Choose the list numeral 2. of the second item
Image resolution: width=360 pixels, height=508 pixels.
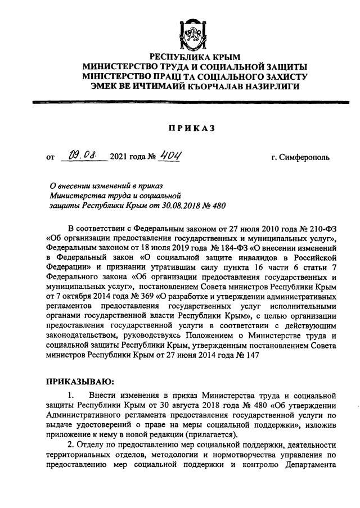point(71,443)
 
